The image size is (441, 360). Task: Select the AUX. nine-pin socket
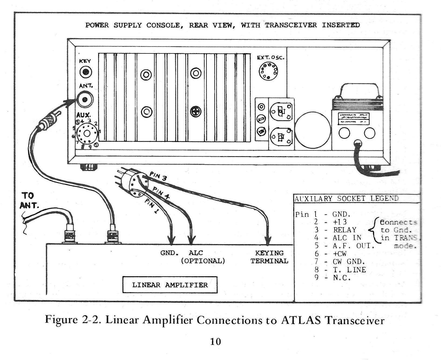[x=86, y=133]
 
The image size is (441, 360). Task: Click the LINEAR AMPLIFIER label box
[x=170, y=285]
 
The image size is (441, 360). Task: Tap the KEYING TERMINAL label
[x=269, y=257]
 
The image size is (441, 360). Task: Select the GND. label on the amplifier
[x=169, y=253]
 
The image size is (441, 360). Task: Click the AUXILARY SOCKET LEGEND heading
[x=346, y=199]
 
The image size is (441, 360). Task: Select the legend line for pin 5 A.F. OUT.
[x=344, y=246]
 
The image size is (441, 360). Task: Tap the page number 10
[x=216, y=342]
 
